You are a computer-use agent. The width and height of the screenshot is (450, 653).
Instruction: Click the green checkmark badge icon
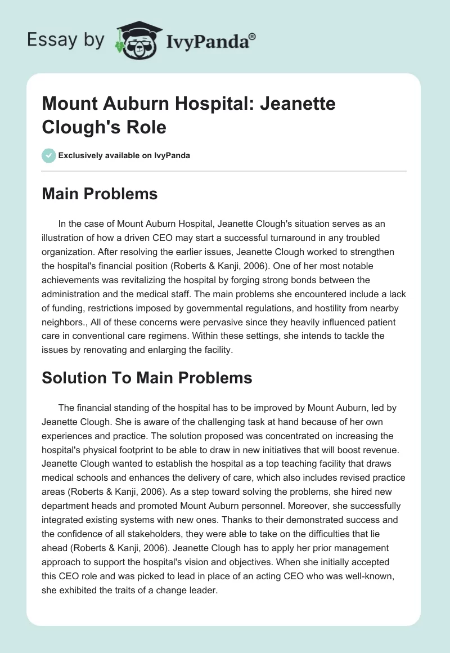(x=49, y=155)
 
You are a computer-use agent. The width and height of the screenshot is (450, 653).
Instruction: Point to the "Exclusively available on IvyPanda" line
(x=124, y=155)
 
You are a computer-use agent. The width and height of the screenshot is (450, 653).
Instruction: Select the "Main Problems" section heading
(x=100, y=194)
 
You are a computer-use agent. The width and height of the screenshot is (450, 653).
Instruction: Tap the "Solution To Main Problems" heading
(x=147, y=378)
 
